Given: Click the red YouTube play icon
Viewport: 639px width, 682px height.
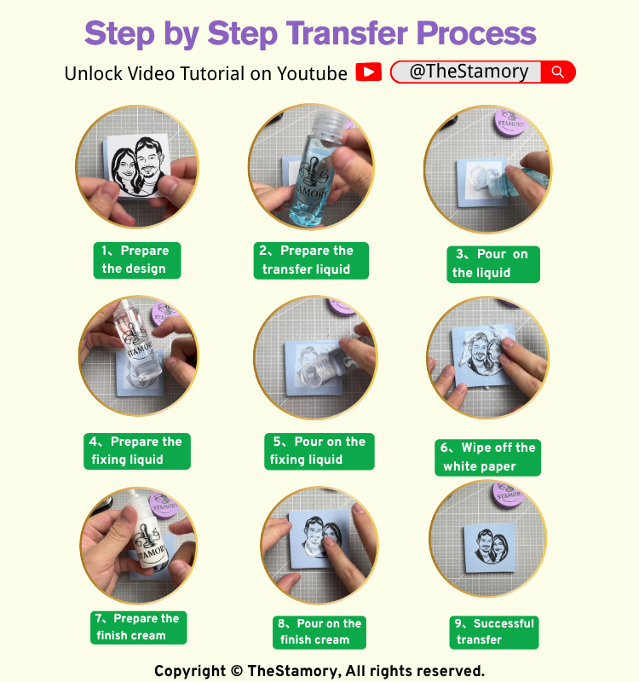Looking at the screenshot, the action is [x=369, y=72].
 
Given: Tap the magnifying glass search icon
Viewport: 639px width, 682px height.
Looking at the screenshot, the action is [x=558, y=72].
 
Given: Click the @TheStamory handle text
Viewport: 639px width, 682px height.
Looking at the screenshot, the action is [x=469, y=72].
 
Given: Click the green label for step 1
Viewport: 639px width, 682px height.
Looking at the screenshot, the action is [x=137, y=260].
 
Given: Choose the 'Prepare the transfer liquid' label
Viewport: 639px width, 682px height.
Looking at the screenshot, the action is [x=311, y=261].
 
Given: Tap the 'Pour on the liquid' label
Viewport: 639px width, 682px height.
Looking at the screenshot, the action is [x=493, y=264].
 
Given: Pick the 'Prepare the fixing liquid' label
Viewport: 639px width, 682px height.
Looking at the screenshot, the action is [x=137, y=451].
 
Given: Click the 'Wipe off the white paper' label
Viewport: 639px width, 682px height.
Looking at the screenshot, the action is [x=487, y=458].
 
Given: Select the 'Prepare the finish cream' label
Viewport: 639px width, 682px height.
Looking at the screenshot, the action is [x=139, y=627].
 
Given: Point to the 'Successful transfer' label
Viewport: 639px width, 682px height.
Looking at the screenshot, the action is [x=494, y=633].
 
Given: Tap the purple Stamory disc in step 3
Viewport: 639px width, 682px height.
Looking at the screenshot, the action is [x=511, y=121].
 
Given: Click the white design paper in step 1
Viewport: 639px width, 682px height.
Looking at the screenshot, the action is [x=137, y=165].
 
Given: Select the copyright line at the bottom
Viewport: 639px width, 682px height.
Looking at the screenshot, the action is [x=319, y=671].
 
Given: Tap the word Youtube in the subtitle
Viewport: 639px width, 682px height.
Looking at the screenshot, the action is [x=312, y=73].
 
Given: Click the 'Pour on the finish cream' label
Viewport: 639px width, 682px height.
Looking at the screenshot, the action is [x=319, y=633].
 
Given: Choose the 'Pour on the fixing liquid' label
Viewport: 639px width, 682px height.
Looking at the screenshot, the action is [x=319, y=451].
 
